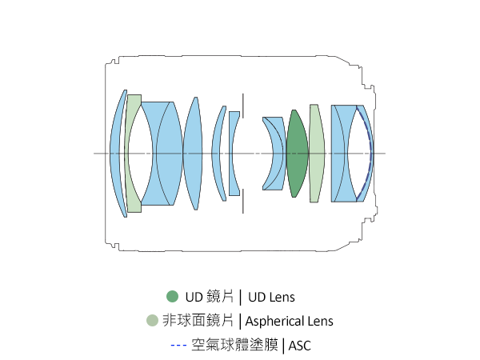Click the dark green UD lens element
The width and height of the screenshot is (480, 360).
297,153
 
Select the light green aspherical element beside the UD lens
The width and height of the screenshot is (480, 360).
316,153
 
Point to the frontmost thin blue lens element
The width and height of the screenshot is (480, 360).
117,153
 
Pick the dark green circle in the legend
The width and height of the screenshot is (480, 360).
172,297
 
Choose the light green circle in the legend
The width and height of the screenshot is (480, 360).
152,321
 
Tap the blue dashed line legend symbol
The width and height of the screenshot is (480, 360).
178,346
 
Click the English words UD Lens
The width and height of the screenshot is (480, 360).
272,298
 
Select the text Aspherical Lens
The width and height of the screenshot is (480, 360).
289,322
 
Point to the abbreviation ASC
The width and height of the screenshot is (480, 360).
299,346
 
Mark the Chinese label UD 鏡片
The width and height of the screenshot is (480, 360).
208,297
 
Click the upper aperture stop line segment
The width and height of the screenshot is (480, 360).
243,103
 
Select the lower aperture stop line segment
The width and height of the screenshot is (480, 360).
243,203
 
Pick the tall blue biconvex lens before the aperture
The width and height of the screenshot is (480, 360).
192,153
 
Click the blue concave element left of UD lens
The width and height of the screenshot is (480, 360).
274,153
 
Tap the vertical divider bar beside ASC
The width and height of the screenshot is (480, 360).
283,346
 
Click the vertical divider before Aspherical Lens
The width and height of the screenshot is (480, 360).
240,322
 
